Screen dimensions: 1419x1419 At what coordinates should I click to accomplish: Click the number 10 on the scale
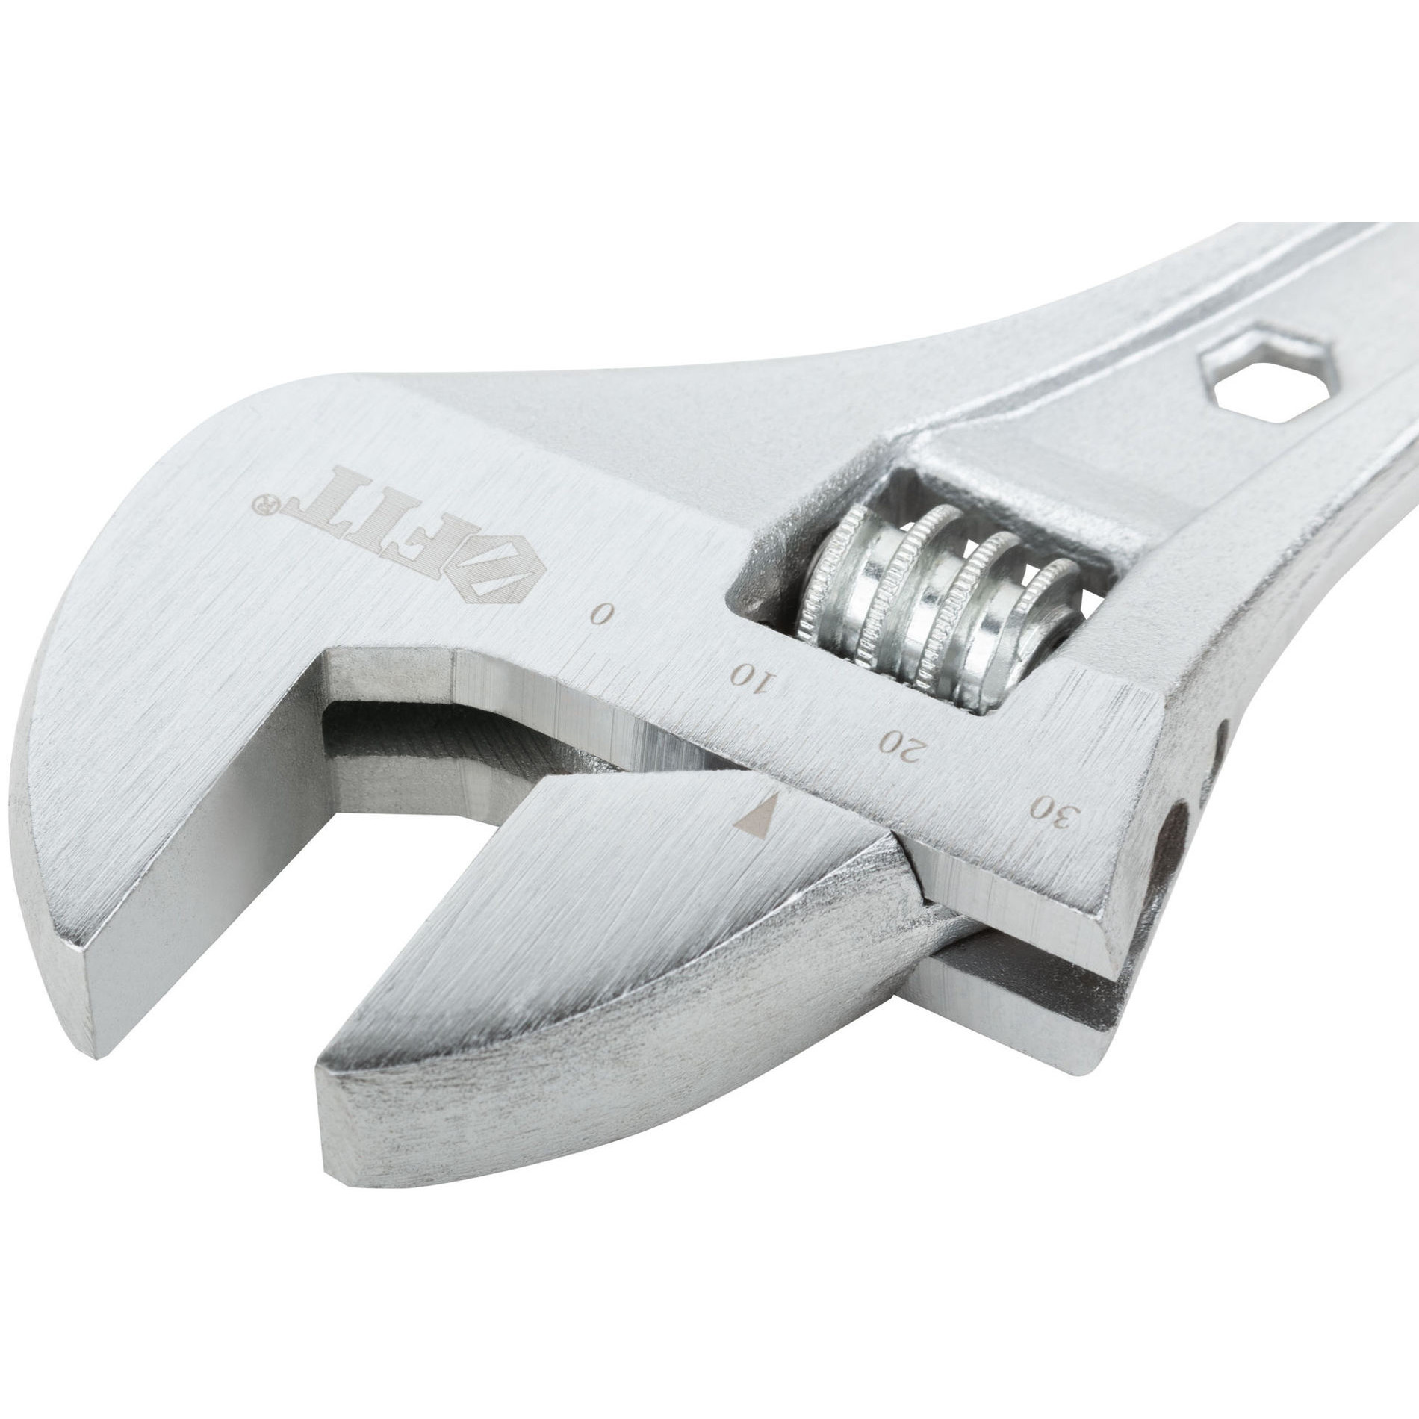755,677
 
